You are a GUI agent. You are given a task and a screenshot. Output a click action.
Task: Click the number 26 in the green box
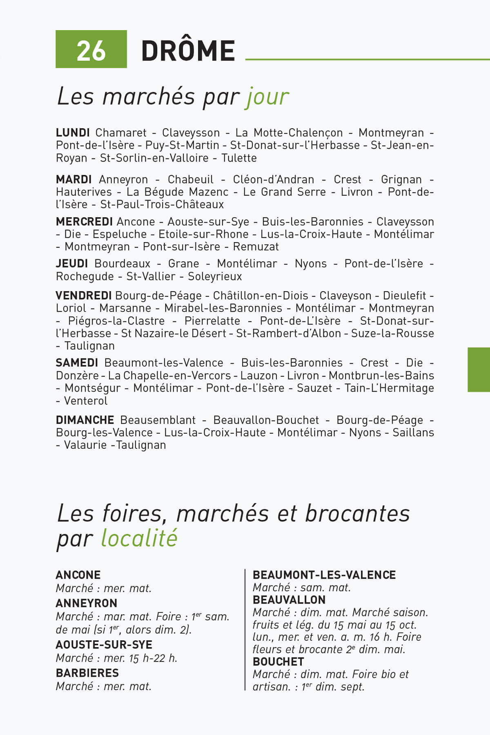point(91,51)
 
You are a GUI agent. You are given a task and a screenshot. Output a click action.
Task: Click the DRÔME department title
point(188,51)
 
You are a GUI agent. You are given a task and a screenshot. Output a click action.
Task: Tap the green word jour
point(267,97)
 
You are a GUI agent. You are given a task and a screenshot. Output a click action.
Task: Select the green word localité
point(139,538)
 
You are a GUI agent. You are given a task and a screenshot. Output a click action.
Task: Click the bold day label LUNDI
point(73,133)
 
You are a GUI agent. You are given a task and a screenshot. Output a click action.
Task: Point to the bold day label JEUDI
point(72,264)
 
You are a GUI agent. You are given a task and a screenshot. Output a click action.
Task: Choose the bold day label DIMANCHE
point(85,420)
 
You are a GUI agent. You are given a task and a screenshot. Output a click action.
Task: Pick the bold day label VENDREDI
point(84,295)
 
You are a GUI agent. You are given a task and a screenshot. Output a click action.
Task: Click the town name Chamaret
point(121,133)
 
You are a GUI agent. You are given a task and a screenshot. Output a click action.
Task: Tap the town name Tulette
point(239,158)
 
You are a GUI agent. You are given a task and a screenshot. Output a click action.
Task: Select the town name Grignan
point(401,179)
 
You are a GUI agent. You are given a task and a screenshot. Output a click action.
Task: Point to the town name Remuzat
point(256,247)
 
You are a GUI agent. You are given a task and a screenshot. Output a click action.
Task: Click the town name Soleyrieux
point(215,276)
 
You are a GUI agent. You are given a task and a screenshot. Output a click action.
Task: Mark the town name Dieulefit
point(404,295)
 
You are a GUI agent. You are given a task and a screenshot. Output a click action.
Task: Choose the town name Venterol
point(86,401)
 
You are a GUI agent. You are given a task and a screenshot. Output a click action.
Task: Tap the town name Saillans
point(413,432)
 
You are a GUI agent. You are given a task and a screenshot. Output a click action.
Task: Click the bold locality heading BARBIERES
point(87,673)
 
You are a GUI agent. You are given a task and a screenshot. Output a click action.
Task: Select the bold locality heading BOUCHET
point(278,661)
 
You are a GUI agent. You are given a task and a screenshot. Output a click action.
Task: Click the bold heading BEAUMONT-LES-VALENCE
point(324,575)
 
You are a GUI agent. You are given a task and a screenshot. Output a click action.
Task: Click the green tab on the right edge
point(479,370)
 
